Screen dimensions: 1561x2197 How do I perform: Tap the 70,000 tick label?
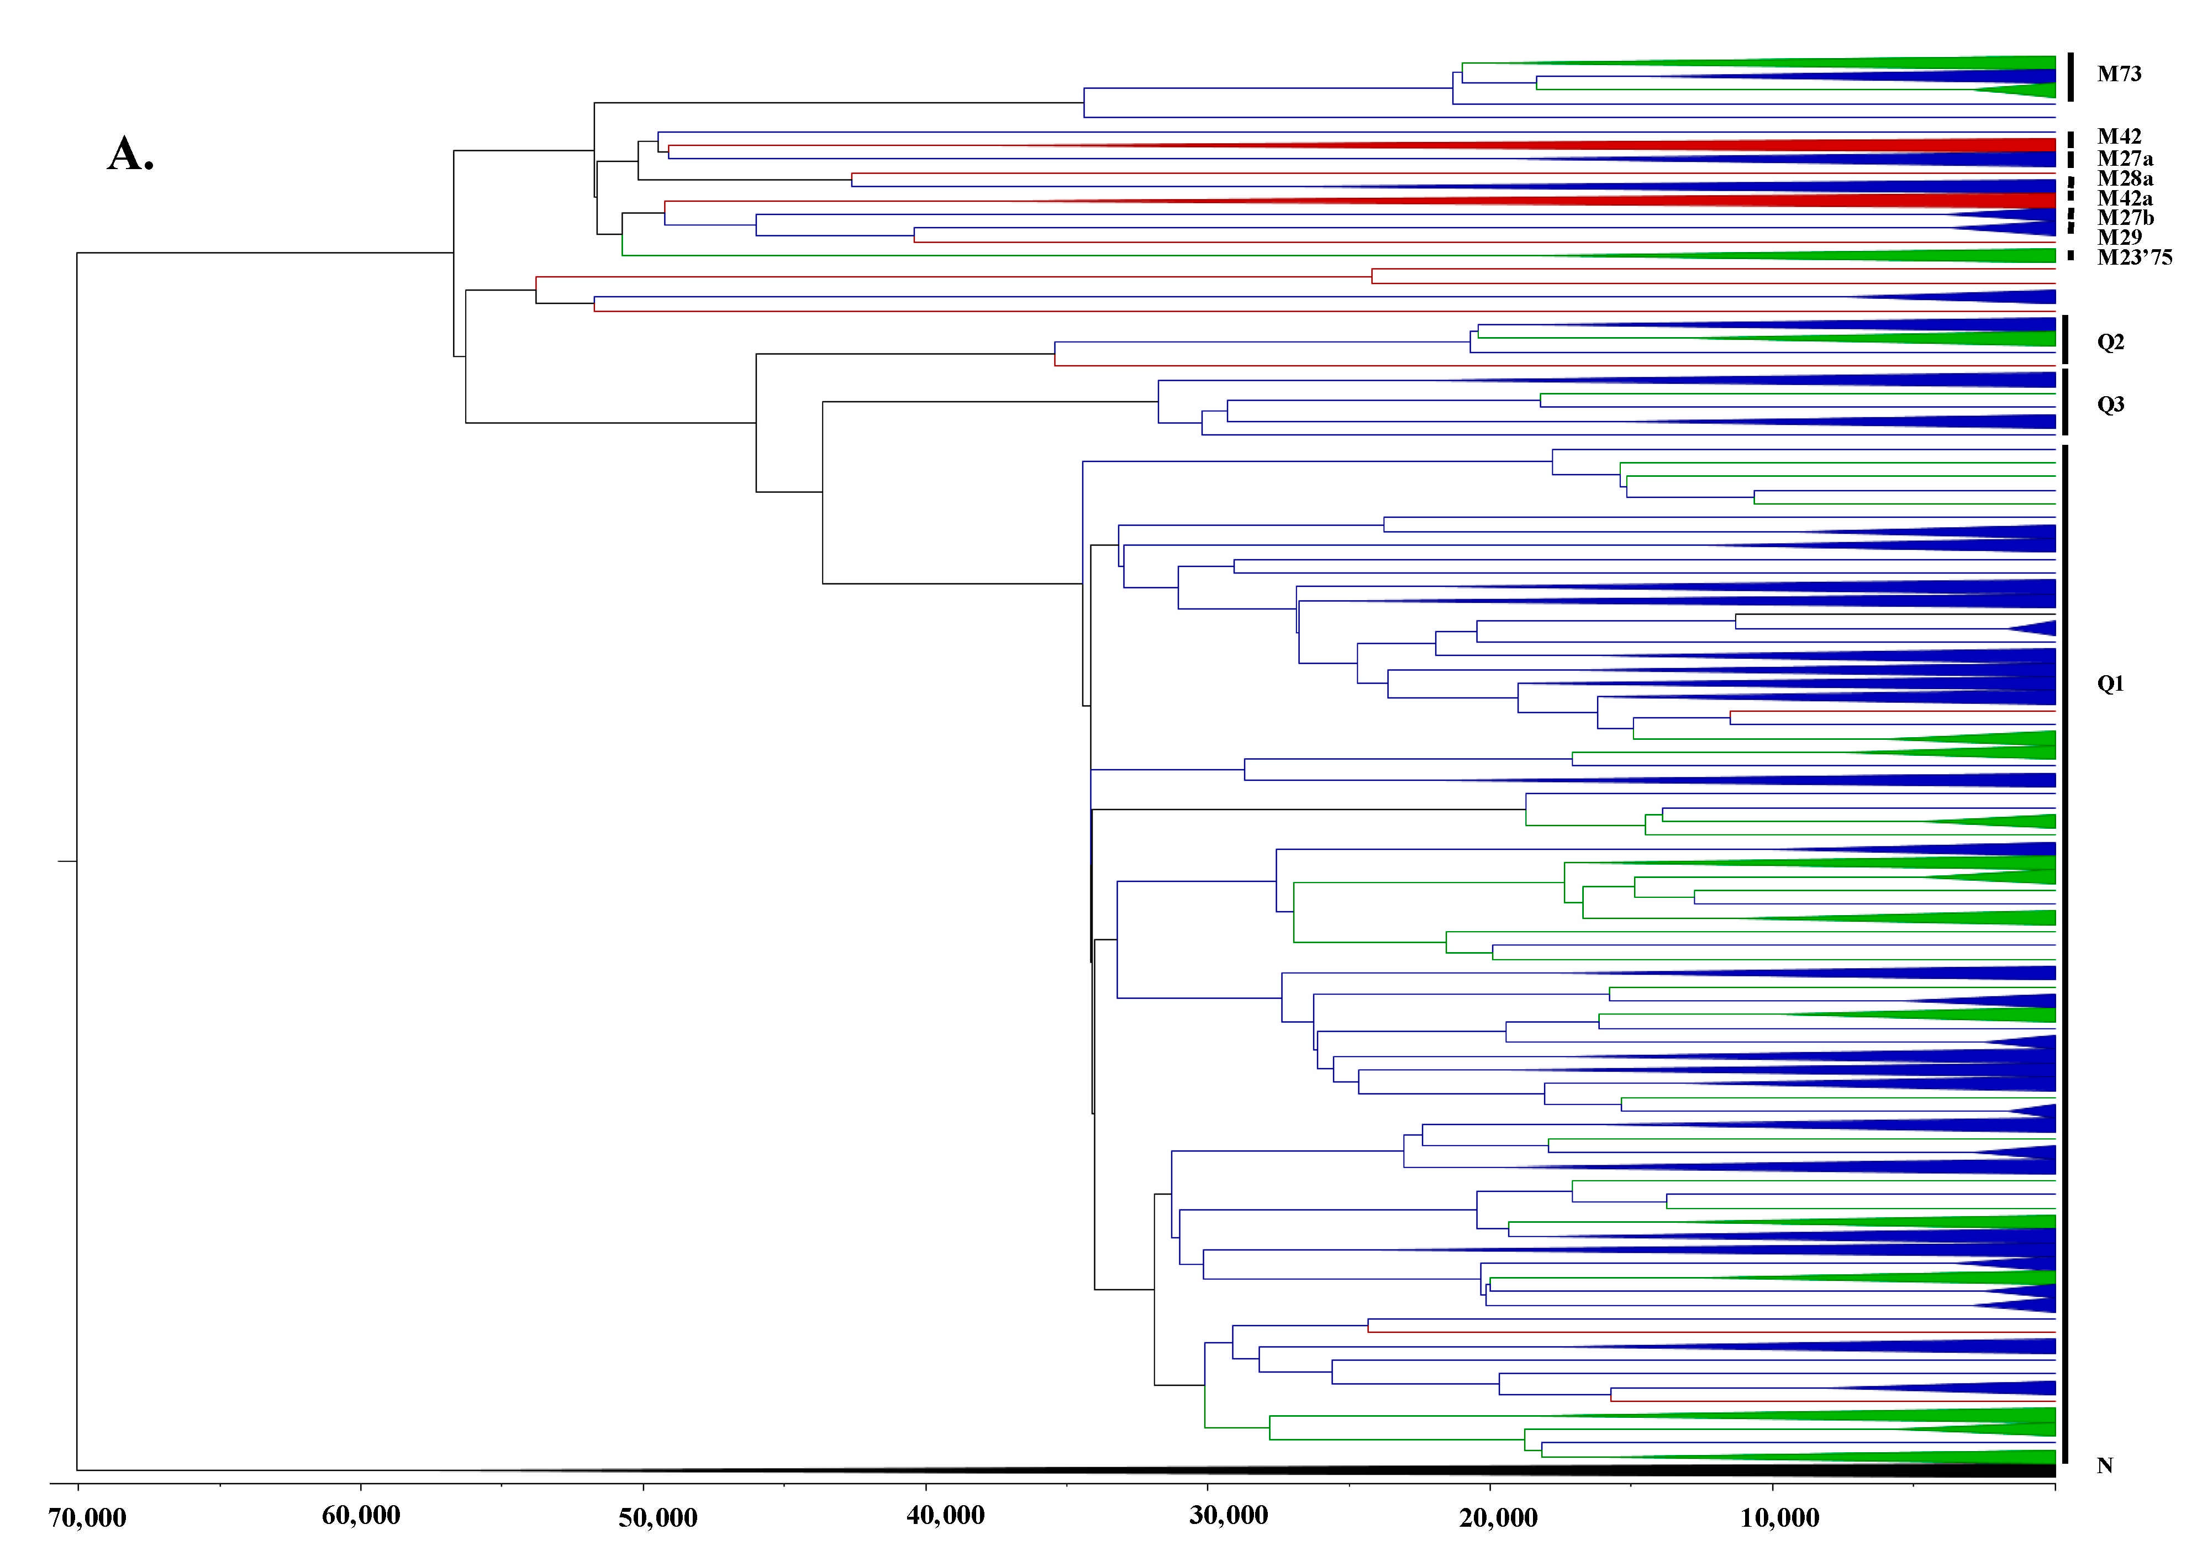click(x=87, y=1518)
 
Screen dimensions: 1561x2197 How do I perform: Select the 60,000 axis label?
click(x=361, y=1515)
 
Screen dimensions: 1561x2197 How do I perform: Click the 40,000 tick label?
click(x=946, y=1515)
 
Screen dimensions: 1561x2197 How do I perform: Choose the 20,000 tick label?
click(x=1498, y=1518)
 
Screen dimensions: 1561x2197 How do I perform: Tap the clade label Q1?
click(x=2110, y=684)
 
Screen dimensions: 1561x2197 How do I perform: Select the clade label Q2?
click(x=2110, y=342)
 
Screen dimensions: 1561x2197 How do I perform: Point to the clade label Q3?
click(x=2110, y=404)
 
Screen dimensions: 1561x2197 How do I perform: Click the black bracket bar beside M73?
click(x=2071, y=77)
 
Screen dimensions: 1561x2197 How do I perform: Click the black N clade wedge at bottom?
click(x=1634, y=1470)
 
